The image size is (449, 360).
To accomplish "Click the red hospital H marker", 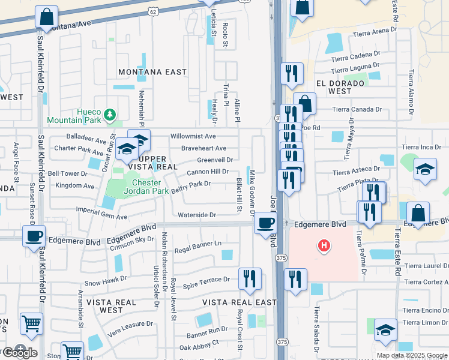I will click(324, 246).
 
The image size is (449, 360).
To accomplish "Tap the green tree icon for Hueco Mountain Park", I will click(109, 114).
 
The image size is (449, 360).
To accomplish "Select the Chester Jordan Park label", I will click(138, 187).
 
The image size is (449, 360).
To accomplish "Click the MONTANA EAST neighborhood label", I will click(152, 72).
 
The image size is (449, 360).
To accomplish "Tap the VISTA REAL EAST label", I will click(240, 302).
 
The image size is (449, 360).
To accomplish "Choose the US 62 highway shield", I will click(153, 11).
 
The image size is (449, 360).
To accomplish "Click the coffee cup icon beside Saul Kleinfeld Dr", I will click(34, 235).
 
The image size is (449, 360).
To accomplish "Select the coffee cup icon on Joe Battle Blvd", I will click(265, 223).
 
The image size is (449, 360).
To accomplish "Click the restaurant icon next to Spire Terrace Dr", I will click(249, 278).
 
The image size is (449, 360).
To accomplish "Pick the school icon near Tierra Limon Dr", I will click(385, 329).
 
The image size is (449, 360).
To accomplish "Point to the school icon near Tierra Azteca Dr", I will click(425, 170).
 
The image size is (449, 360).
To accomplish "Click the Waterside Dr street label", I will click(197, 215).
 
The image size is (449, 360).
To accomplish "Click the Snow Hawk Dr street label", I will click(106, 279).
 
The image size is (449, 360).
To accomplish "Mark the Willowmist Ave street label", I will click(193, 137).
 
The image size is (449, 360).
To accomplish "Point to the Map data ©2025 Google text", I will click(412, 355).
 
